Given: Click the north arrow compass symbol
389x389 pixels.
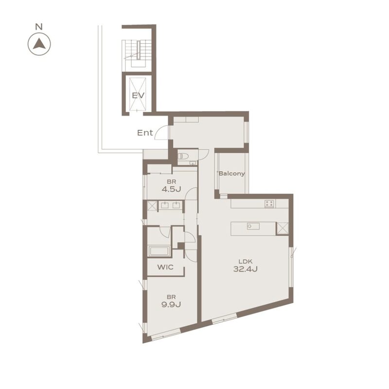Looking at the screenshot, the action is click(39, 44).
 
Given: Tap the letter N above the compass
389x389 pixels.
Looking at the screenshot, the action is click(39, 27).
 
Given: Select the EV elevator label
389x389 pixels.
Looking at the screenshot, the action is click(138, 95).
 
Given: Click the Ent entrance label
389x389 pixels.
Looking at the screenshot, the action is click(145, 133).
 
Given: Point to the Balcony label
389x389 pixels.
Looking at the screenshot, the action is click(231, 174).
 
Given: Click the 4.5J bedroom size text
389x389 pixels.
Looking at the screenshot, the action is click(171, 189).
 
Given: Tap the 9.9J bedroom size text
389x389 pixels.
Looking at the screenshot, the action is click(171, 304).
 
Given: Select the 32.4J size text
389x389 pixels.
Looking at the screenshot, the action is click(246, 269).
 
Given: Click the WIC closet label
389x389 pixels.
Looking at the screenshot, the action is click(165, 267).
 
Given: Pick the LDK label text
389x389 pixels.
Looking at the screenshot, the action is click(246, 261).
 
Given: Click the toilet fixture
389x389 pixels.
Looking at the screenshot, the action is click(183, 156).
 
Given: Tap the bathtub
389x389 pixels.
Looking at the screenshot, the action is click(159, 251).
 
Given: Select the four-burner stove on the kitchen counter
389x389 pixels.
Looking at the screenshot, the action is click(269, 204).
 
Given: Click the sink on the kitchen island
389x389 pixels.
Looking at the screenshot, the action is click(253, 226).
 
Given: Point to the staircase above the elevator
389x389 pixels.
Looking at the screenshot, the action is click(138, 53).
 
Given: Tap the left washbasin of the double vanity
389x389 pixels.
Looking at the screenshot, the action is click(165, 205).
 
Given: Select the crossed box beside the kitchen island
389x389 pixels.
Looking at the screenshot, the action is click(283, 229).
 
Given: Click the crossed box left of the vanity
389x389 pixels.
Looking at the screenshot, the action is click(152, 206).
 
